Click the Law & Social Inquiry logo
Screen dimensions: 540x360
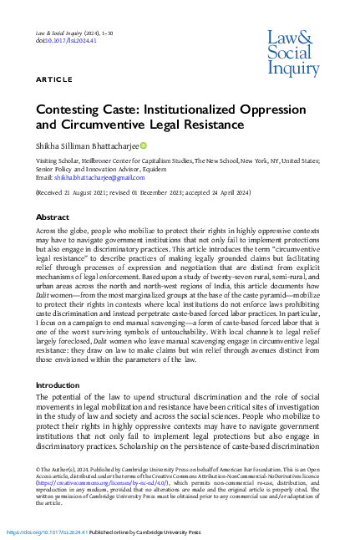point(292,52)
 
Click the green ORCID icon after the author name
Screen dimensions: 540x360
point(142,146)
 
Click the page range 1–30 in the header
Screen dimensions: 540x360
point(113,32)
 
